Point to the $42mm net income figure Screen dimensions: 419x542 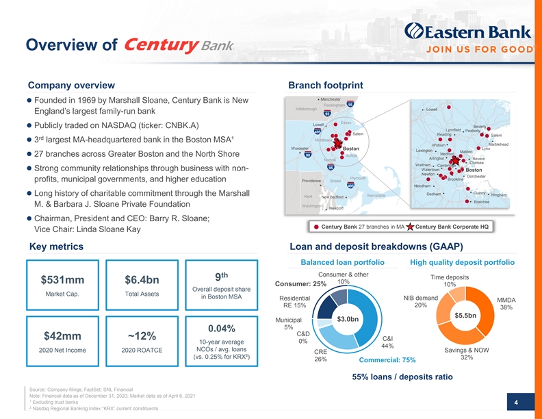pyautogui.click(x=62, y=336)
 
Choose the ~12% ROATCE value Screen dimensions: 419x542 pyautogui.click(x=142, y=336)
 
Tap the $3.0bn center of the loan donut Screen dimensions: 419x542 pyautogui.click(x=348, y=318)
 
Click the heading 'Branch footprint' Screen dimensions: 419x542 pyautogui.click(x=327, y=85)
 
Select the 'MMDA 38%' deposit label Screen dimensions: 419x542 pyautogui.click(x=506, y=304)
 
